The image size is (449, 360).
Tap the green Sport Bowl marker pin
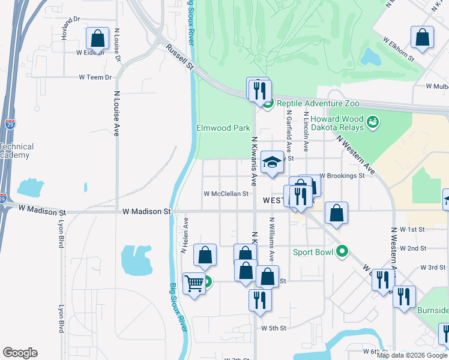pyautogui.click(x=342, y=251)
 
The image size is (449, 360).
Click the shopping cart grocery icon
pyautogui.click(x=193, y=283)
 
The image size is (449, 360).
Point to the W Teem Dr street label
pyautogui.click(x=95, y=77)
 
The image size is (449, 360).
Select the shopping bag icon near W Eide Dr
pyautogui.click(x=97, y=39)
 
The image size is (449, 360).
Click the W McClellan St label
pyautogui.click(x=226, y=194)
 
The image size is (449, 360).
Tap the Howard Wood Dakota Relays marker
pyautogui.click(x=372, y=123)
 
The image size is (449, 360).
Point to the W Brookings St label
pyautogui.click(x=342, y=176)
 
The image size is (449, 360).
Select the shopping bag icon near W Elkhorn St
pyautogui.click(x=423, y=37)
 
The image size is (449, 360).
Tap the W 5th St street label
pyautogui.click(x=274, y=328)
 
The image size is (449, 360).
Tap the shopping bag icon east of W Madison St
pyautogui.click(x=336, y=213)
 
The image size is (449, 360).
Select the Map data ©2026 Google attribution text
pyautogui.click(x=412, y=355)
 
